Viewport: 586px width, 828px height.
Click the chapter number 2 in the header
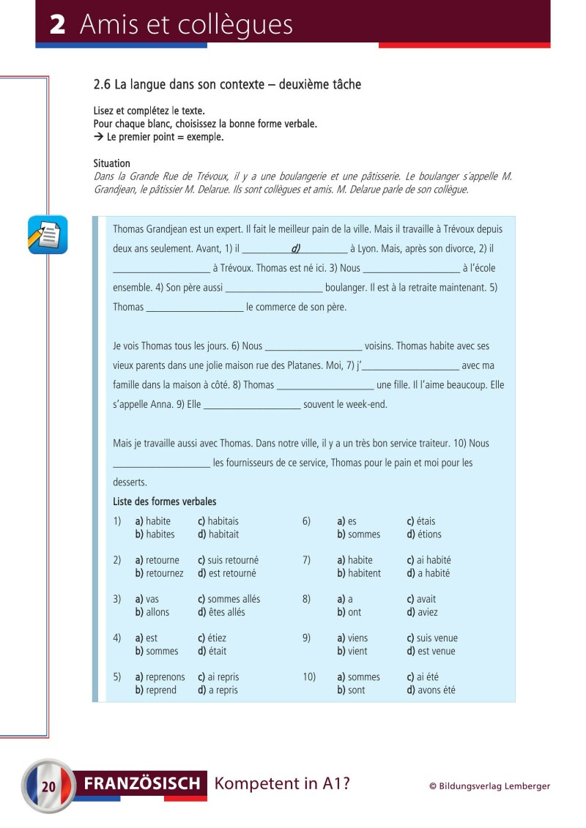pos(58,25)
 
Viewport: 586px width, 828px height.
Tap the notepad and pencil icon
pos(48,234)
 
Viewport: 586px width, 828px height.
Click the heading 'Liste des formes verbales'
pos(165,501)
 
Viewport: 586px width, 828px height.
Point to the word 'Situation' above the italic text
pos(112,163)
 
